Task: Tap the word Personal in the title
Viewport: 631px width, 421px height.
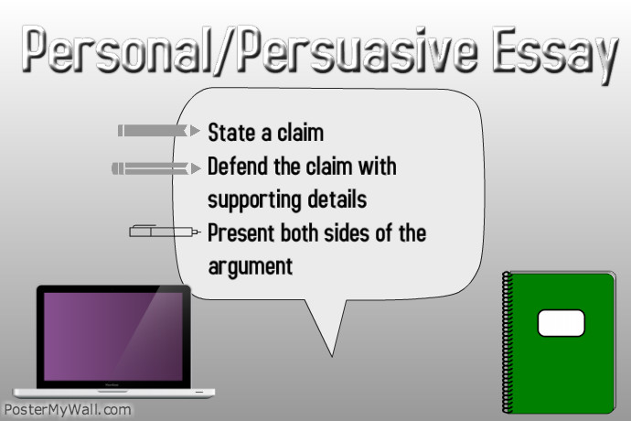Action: coord(117,49)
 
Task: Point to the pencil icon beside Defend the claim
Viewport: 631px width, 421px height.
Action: coord(156,168)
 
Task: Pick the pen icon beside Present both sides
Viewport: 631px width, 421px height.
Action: coord(165,232)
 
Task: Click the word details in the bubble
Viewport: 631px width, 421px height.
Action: coord(337,200)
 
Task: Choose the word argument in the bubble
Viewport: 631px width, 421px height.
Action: coord(251,267)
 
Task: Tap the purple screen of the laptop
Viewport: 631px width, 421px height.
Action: coord(113,337)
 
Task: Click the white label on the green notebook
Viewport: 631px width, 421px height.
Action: coord(561,323)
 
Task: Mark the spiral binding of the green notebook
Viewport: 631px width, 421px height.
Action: coord(507,342)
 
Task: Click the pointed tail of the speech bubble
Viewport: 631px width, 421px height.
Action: coord(332,356)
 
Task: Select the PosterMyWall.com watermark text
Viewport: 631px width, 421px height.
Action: coord(68,410)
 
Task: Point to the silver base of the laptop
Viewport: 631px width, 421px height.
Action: coord(114,393)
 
